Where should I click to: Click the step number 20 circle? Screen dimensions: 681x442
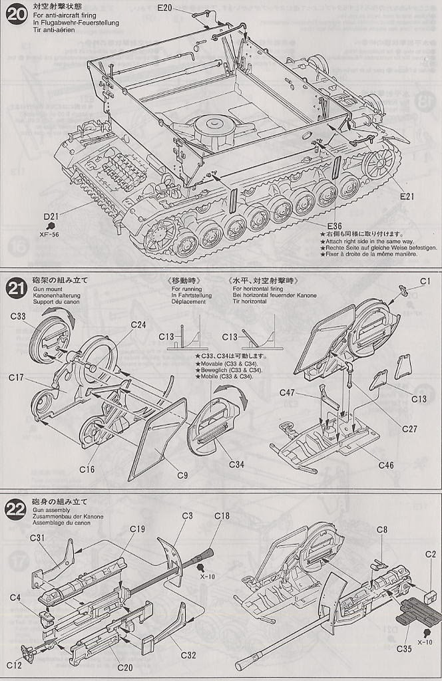pyautogui.click(x=16, y=15)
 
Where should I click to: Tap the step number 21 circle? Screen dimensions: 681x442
pyautogui.click(x=16, y=287)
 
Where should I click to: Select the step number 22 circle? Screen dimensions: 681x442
pyautogui.click(x=16, y=509)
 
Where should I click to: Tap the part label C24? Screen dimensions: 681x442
pyautogui.click(x=138, y=325)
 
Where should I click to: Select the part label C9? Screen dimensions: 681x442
pyautogui.click(x=182, y=475)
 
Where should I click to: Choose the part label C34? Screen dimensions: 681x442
pyautogui.click(x=237, y=464)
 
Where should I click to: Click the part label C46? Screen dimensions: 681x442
pyautogui.click(x=386, y=465)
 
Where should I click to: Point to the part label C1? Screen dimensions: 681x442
pyautogui.click(x=425, y=281)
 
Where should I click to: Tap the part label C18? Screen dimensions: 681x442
pyautogui.click(x=222, y=516)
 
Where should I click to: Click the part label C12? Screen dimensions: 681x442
pyautogui.click(x=15, y=665)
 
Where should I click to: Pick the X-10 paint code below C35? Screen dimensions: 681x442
pyautogui.click(x=425, y=642)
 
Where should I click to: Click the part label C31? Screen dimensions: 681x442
pyautogui.click(x=37, y=537)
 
